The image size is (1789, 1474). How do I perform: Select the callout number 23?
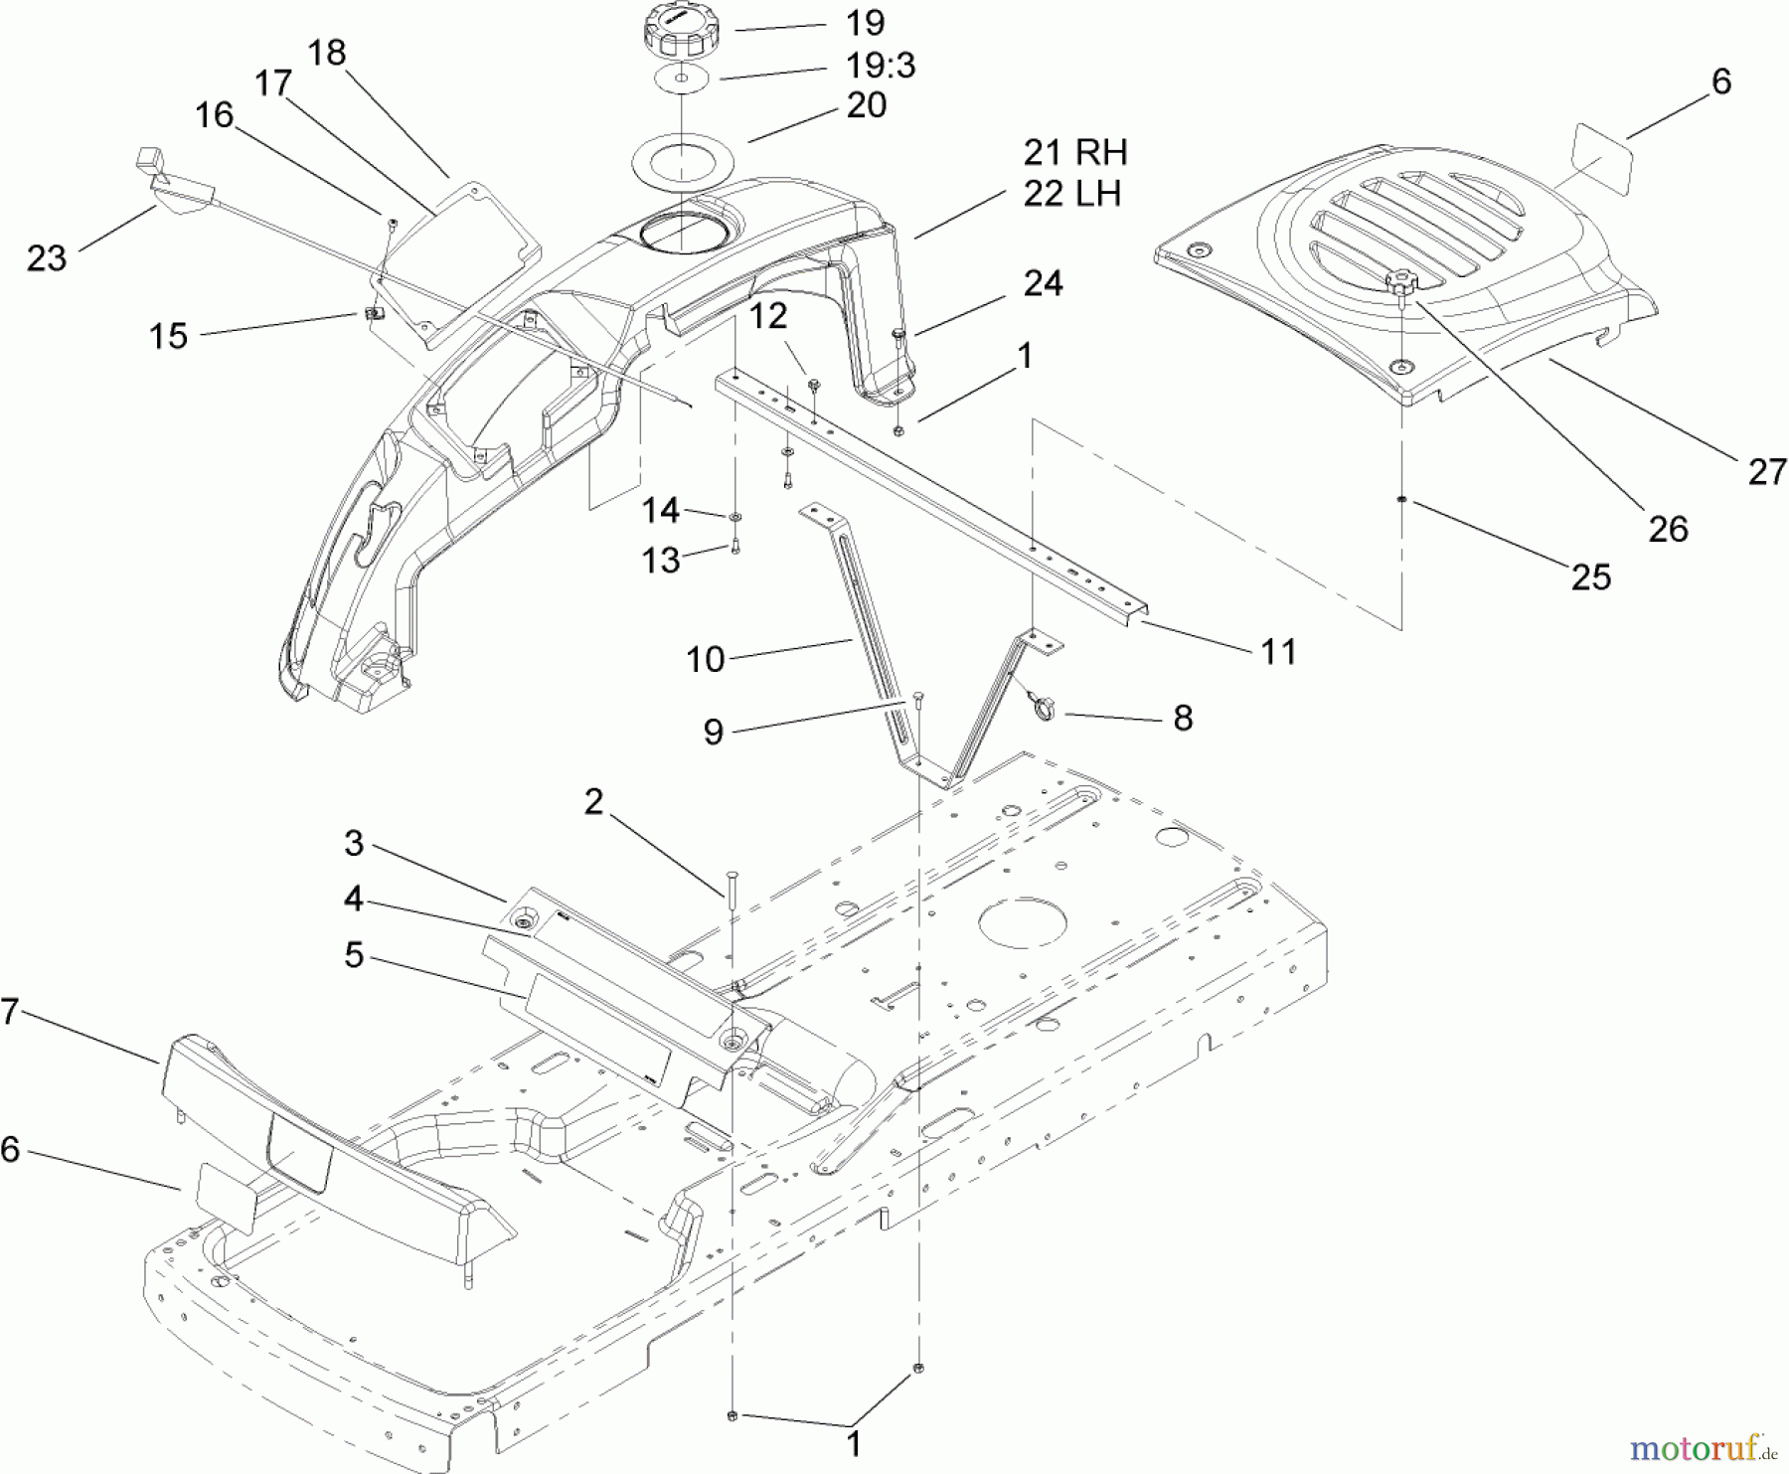coord(47,257)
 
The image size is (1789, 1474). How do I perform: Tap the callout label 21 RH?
coord(1075,152)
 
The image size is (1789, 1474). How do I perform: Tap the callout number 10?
coord(706,658)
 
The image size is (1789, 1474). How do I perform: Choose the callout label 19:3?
coord(880,65)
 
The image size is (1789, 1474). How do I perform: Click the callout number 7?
coord(9,1012)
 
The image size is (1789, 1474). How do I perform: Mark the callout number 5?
coord(354,955)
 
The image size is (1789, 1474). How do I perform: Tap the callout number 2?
coord(593,802)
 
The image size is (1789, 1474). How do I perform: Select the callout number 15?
coord(168,335)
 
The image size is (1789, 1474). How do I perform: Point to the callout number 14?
coord(660,510)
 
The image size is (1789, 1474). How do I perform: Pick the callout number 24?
coord(1043,283)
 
